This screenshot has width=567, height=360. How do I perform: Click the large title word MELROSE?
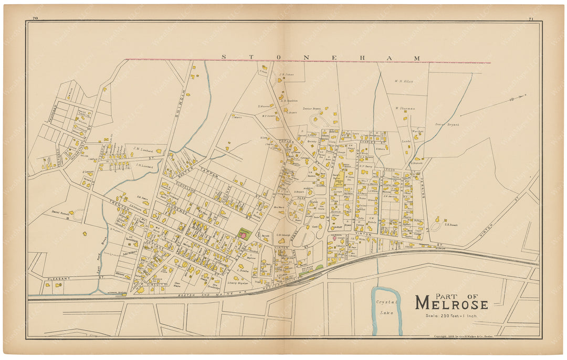tap(451, 303)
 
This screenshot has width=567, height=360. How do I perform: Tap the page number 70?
tap(35, 19)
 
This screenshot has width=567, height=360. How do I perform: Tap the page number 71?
tap(531, 19)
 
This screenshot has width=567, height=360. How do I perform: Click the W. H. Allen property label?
tap(404, 81)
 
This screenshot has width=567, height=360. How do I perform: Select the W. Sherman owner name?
tap(405, 109)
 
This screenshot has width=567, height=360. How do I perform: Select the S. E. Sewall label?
tap(452, 225)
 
